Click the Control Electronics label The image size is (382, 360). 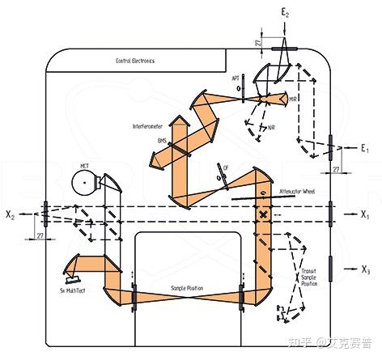[135, 61]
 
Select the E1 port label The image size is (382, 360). [364, 149]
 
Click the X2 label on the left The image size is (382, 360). [11, 215]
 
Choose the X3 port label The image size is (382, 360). [367, 269]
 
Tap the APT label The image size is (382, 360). [236, 79]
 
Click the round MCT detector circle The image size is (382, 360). [83, 183]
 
